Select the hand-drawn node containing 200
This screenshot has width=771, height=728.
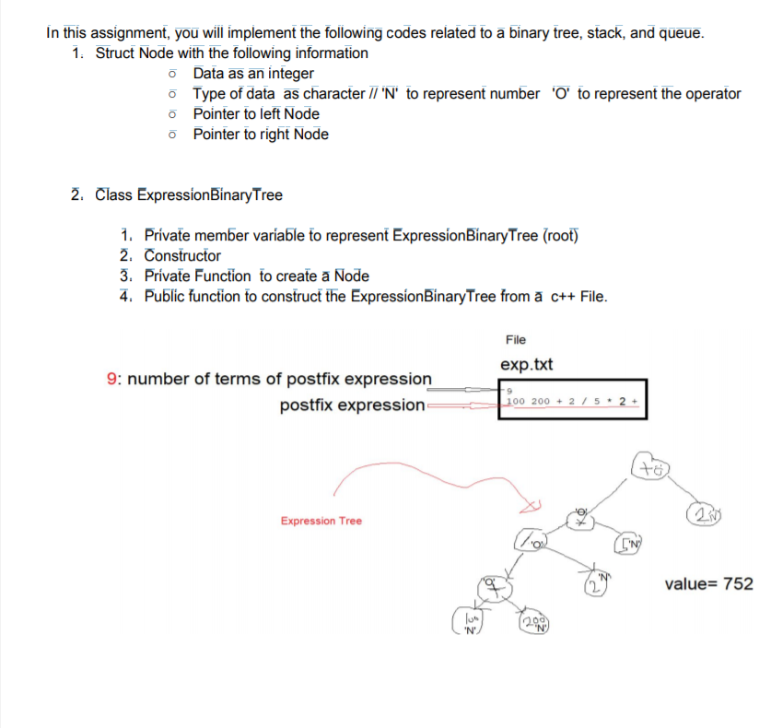point(532,624)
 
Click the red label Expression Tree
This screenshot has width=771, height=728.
point(321,521)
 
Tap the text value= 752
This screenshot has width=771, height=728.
point(707,583)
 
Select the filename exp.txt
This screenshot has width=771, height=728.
point(526,364)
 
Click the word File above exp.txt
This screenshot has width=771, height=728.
point(516,340)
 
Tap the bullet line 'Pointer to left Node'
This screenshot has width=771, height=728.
point(256,114)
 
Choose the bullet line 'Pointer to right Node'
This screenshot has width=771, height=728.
point(261,135)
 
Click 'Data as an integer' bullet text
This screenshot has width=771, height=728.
point(253,74)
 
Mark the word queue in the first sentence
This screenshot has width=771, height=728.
point(680,33)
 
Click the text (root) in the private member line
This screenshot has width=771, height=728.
point(560,235)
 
